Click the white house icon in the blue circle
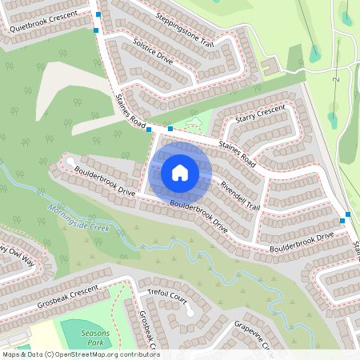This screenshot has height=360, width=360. coord(180,173)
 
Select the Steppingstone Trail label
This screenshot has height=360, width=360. coord(186,29)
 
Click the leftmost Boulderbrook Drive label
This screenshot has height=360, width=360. coord(104,181)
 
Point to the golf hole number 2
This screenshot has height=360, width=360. coord(339,79)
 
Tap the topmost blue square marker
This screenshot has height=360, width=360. coord(98,14)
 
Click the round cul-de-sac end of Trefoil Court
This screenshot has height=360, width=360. coord(190,311)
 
